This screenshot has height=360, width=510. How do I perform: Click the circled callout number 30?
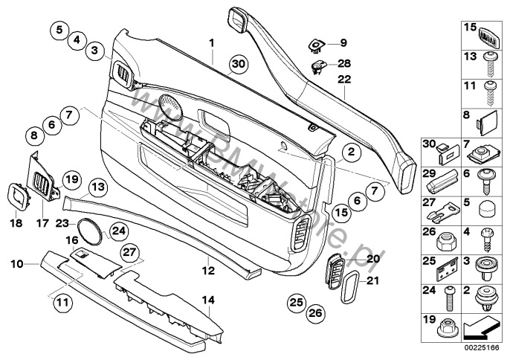(x=236, y=65)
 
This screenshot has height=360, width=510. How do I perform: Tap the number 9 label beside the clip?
(x=343, y=42)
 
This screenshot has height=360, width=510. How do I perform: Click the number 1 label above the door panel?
(x=210, y=42)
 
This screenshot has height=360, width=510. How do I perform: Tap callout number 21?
(x=372, y=280)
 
